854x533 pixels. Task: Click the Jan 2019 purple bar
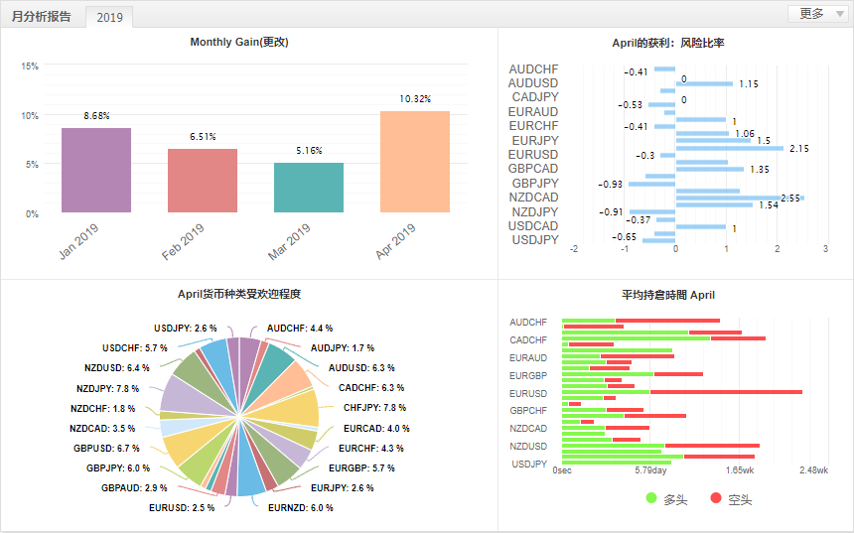tap(95, 170)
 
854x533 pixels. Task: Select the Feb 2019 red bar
tap(202, 181)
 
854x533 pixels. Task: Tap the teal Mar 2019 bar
tap(309, 188)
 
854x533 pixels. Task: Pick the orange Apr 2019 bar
tap(415, 162)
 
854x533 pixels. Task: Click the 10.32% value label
tap(415, 99)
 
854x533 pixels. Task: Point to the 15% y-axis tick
tap(30, 67)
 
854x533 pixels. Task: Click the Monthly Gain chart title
tap(239, 42)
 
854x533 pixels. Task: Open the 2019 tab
tap(109, 17)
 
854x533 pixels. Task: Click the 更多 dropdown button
tap(817, 14)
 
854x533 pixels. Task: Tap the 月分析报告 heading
tap(42, 16)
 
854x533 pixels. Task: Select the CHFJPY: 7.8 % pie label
tap(374, 408)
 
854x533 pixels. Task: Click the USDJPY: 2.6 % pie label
tap(186, 328)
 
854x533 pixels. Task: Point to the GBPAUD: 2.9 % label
tap(134, 488)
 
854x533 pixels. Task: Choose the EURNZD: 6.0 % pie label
tap(301, 507)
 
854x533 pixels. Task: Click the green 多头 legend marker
tap(651, 498)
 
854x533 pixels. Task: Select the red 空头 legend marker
tap(716, 498)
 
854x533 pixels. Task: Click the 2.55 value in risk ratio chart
tap(790, 199)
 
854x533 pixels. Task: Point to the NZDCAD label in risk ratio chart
tap(533, 198)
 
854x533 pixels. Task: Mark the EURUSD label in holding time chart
tap(528, 393)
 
